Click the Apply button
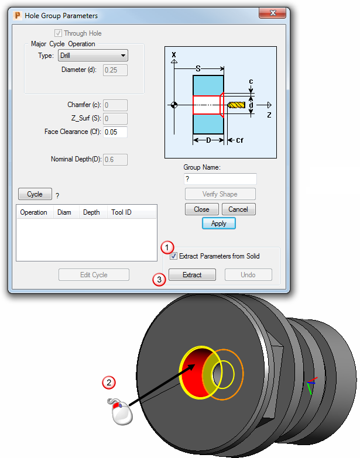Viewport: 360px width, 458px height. pos(218,223)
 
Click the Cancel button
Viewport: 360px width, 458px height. pos(238,209)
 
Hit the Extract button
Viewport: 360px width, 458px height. pos(192,275)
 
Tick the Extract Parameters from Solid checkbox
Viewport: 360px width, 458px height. pos(174,256)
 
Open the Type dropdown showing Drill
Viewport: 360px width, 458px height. pos(93,56)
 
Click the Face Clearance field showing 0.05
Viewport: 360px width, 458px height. pos(115,132)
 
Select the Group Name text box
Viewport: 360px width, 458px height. pos(220,179)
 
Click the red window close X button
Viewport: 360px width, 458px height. pos(272,13)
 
